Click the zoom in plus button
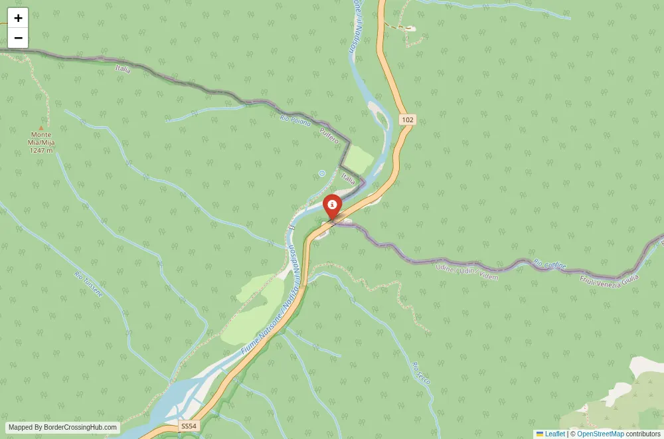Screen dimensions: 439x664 (18, 18)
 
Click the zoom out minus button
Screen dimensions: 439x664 (18, 38)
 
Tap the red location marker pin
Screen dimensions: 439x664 (332, 206)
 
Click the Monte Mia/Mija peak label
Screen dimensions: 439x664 (41, 142)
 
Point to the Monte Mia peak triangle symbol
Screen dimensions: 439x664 (41, 128)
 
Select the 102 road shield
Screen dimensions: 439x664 (407, 120)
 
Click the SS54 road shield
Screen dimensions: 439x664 (189, 426)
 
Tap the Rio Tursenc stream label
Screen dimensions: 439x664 (88, 284)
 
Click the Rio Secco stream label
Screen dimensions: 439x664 (422, 373)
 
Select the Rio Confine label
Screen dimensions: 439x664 (549, 264)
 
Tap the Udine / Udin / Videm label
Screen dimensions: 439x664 (467, 272)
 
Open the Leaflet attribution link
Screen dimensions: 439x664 (554, 434)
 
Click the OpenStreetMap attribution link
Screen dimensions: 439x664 (600, 434)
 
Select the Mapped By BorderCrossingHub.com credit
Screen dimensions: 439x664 (62, 428)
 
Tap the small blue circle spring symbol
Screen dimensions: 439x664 (322, 173)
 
